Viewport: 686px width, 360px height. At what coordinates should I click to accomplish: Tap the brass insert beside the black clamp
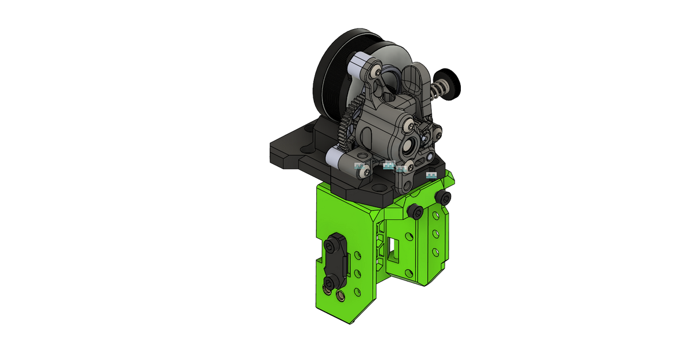click(341, 295)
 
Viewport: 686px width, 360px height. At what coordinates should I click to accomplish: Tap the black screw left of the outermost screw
click(416, 212)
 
